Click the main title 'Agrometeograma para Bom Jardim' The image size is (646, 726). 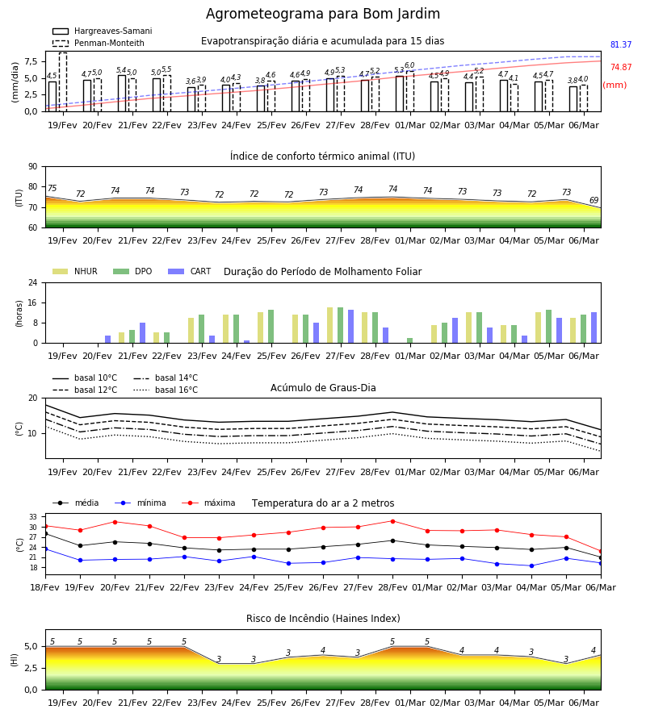[323, 14]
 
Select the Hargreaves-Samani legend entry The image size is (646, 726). [103, 31]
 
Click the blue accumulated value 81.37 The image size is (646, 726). [621, 44]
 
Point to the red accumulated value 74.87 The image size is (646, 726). [621, 67]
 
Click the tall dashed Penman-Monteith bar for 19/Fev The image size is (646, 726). [63, 82]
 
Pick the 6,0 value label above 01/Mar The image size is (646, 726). [409, 65]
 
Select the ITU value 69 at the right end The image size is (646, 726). [594, 200]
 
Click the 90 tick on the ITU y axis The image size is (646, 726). [33, 167]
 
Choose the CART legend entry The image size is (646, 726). [190, 271]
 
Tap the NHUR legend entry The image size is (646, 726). [75, 271]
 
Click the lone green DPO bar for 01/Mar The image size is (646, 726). [410, 340]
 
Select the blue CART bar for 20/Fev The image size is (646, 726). [108, 340]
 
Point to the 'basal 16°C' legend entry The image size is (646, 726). [166, 390]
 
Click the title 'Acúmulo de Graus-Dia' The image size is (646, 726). [323, 387]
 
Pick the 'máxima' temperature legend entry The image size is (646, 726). [208, 503]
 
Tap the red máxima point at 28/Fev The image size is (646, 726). [393, 521]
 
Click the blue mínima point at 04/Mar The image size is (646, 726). [531, 565]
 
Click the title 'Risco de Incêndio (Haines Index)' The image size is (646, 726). [323, 618]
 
